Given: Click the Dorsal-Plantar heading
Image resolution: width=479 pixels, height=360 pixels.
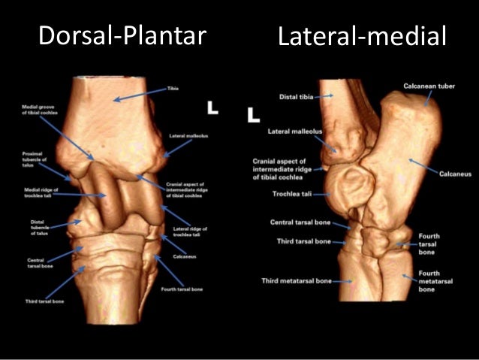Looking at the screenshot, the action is pyautogui.click(x=122, y=35).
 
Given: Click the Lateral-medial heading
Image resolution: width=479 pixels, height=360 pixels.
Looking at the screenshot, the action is pyautogui.click(x=362, y=36).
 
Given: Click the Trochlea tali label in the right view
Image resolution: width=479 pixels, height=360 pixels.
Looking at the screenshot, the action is pyautogui.click(x=297, y=194).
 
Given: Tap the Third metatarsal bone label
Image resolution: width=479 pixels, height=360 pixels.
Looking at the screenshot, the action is pyautogui.click(x=296, y=281).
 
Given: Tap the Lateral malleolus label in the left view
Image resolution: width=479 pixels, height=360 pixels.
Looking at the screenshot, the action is pyautogui.click(x=183, y=136).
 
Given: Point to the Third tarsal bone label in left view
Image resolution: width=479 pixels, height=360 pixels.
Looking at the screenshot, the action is pyautogui.click(x=43, y=301).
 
